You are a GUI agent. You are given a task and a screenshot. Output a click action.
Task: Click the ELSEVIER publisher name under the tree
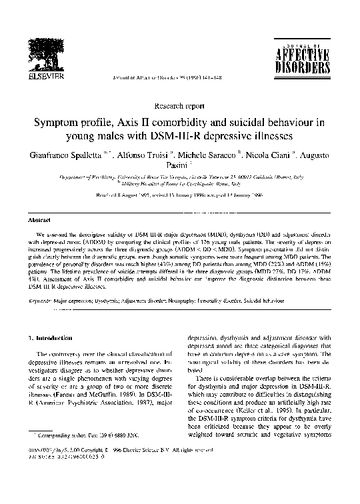44,77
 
